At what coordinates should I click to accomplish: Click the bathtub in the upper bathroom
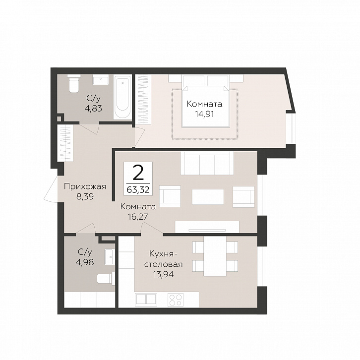122,97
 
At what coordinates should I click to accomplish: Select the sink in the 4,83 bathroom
100,80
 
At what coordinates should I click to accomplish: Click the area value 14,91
204,114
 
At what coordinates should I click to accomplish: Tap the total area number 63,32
138,189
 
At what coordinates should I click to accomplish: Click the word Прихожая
85,186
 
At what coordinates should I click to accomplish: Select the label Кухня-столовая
163,259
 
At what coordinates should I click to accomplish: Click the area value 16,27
138,216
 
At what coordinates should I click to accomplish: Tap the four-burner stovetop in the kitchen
176,300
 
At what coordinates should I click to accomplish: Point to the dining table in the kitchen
215,256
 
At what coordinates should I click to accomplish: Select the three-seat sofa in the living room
207,163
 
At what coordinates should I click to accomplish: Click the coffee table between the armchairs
208,197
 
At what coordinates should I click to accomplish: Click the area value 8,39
85,196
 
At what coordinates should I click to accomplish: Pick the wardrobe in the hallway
65,143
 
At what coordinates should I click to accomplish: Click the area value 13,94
163,274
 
